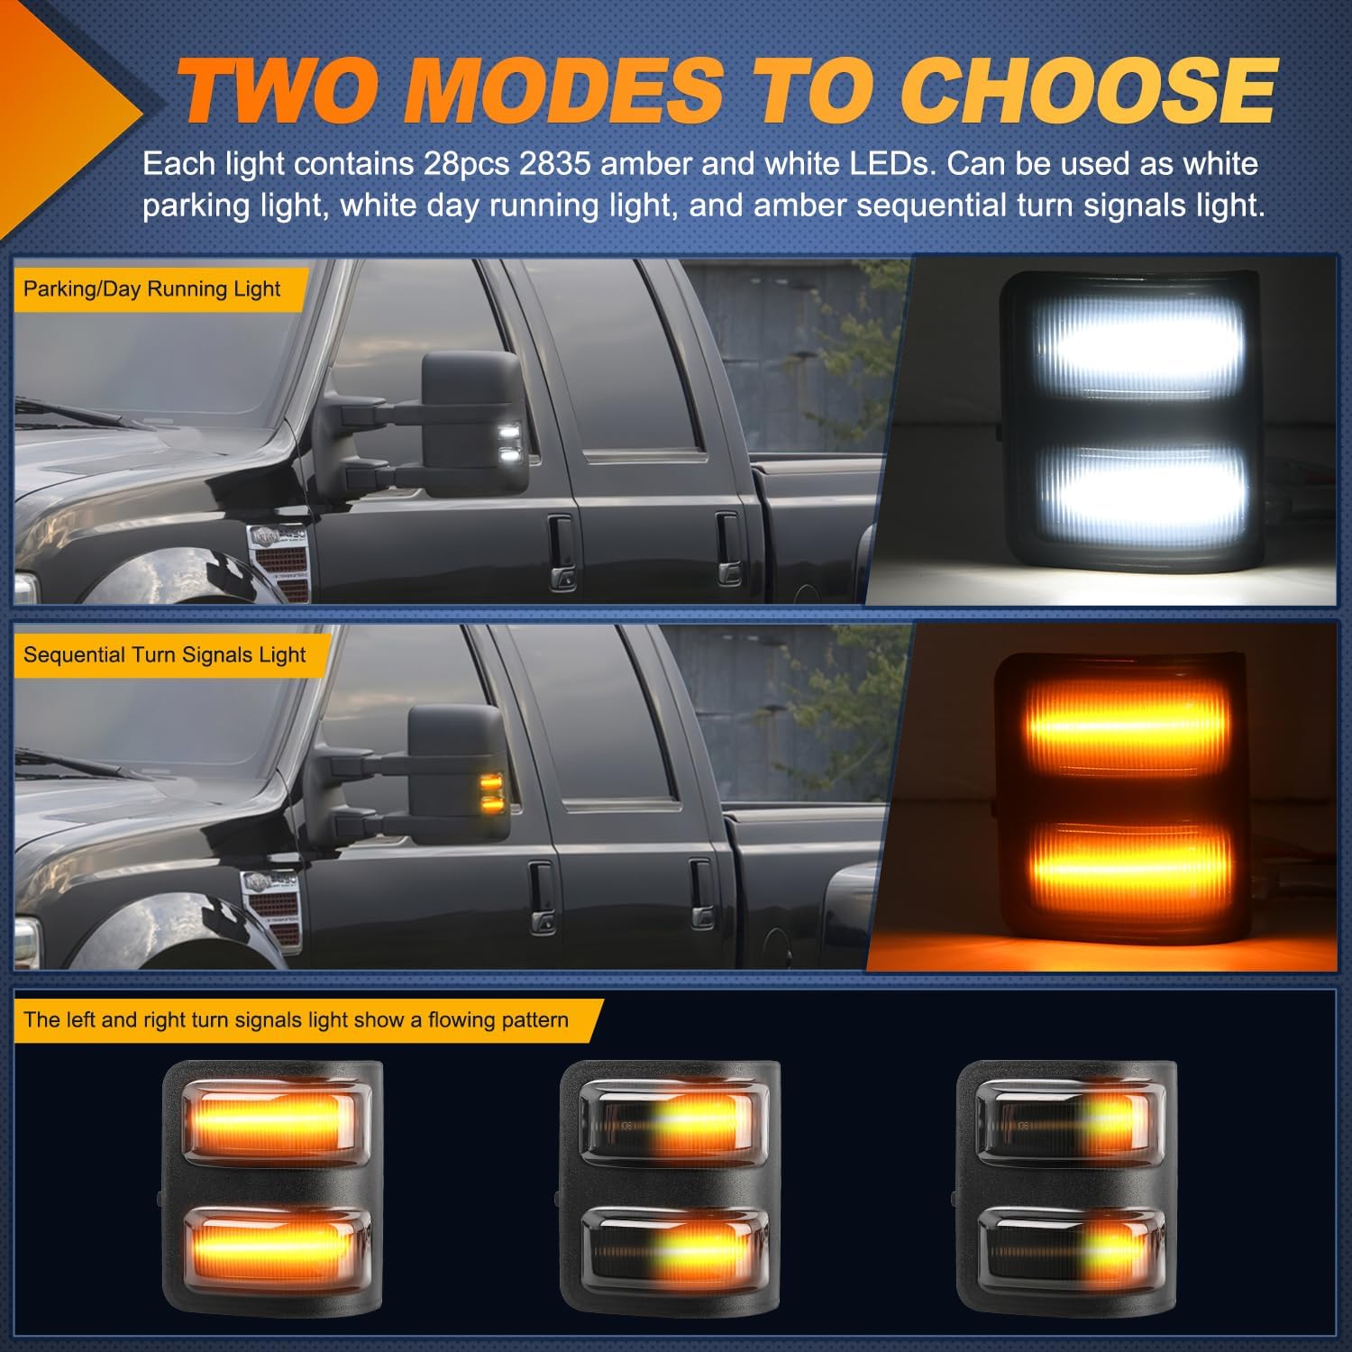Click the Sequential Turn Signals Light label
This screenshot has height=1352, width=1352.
point(164,655)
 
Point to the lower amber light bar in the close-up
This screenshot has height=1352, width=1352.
point(1131,865)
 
